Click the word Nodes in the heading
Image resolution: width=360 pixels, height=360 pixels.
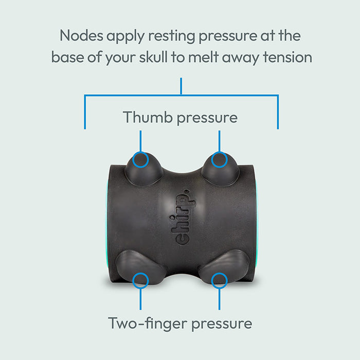81,35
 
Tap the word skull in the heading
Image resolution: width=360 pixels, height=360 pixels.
153,57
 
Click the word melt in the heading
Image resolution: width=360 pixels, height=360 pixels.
203,57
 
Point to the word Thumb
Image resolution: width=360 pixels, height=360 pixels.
148,117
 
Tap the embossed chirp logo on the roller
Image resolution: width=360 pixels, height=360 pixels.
183,217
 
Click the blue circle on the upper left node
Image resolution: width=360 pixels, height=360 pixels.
140,159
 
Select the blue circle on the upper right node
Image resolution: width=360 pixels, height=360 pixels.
220,159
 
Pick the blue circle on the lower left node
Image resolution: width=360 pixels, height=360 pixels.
140,281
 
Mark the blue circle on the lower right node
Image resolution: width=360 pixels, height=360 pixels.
220,281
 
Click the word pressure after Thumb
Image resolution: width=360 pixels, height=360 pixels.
207,118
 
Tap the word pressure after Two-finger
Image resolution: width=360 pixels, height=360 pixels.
222,324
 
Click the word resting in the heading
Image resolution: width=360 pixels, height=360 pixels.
171,37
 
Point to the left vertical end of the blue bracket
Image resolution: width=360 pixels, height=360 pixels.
85,112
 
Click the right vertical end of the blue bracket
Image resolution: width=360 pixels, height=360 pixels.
278,112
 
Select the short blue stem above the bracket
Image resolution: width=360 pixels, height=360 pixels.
181,86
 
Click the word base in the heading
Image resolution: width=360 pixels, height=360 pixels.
67,57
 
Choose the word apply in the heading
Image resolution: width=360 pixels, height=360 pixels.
125,37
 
